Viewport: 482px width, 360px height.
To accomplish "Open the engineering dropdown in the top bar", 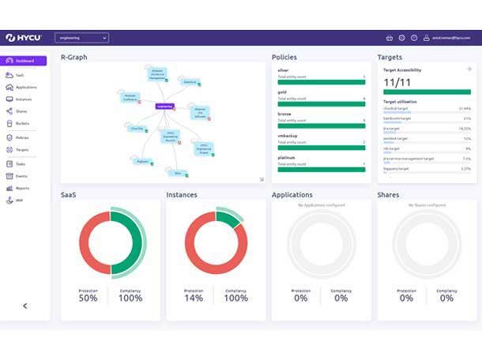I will (x=81, y=37).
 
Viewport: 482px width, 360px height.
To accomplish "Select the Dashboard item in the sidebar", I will (x=24, y=61).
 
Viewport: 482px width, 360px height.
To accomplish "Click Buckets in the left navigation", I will (x=23, y=123).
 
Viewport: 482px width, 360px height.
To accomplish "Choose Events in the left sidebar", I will (x=21, y=176).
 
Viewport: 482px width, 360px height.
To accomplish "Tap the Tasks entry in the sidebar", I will (x=21, y=163).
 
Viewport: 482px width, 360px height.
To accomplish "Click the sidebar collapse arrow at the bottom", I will (x=24, y=306).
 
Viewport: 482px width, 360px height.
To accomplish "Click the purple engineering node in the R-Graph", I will (x=164, y=106).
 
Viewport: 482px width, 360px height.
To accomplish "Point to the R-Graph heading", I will (x=74, y=57).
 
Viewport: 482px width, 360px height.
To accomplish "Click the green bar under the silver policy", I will (x=321, y=81).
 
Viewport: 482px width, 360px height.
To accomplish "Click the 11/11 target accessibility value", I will (x=395, y=81).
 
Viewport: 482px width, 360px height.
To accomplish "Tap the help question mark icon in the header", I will (x=414, y=37).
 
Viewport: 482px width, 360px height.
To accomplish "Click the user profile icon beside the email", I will (x=426, y=37).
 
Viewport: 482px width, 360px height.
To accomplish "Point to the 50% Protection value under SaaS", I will (x=88, y=298).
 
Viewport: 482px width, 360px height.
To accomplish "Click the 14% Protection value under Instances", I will (x=194, y=298).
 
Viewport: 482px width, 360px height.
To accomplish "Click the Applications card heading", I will (x=292, y=194).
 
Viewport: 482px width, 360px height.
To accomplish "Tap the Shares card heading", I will (x=388, y=194).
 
